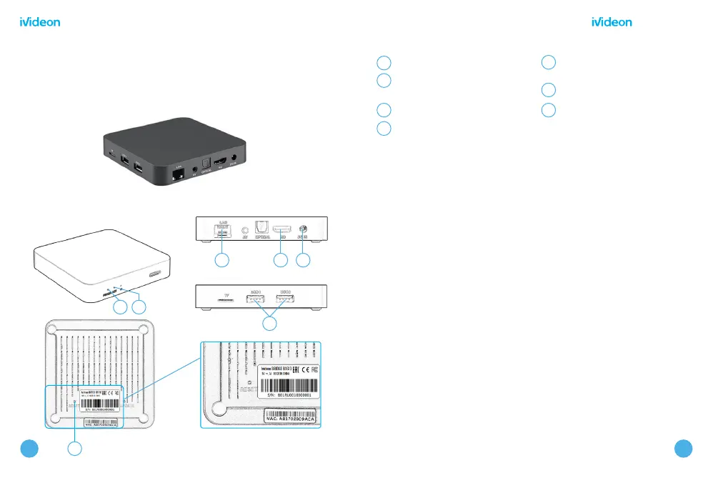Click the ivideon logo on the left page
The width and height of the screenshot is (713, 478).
(39, 22)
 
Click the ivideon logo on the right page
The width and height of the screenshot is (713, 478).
(612, 22)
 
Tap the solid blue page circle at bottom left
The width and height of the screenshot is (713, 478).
(28, 447)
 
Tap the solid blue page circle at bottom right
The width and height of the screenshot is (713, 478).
(684, 447)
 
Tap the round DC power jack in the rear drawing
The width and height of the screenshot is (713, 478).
(302, 229)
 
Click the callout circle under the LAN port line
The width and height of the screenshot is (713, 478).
(222, 261)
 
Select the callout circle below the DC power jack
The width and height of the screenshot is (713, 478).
(304, 261)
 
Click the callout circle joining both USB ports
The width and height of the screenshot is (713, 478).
(269, 324)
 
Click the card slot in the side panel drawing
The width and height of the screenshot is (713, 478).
(226, 300)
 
